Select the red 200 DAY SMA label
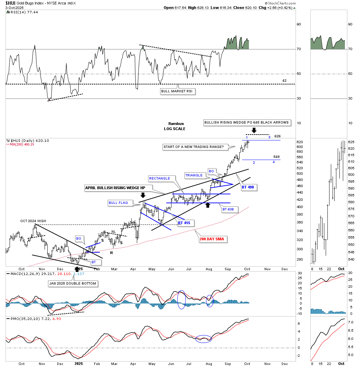click(213, 239)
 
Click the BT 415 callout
click(183, 223)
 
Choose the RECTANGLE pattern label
click(159, 179)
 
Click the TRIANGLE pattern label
click(194, 175)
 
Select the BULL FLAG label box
click(118, 203)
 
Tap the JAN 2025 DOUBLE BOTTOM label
click(72, 284)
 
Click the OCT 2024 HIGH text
click(33, 221)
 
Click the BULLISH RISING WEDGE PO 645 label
click(246, 123)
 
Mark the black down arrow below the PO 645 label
click(254, 130)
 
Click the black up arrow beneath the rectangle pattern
click(207, 205)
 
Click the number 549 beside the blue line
click(277, 157)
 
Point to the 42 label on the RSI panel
click(284, 80)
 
